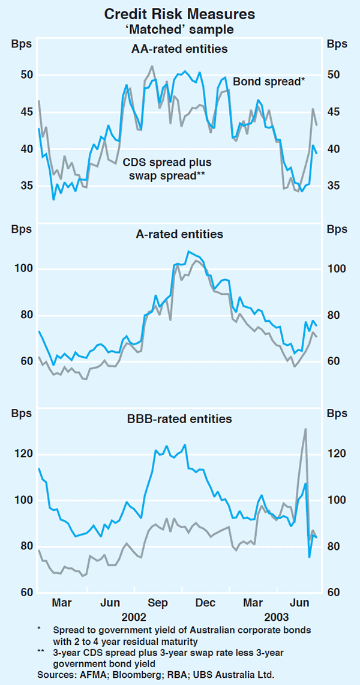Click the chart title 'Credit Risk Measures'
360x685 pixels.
coord(179,13)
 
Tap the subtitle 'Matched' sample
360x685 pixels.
coord(179,28)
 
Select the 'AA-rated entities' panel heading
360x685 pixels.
coord(179,49)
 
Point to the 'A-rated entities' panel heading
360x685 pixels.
coord(180,234)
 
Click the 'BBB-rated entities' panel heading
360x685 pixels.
coord(179,418)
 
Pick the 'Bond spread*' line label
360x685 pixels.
coord(269,82)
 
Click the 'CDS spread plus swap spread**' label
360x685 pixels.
coord(167,169)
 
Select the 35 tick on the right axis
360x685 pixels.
coord(333,186)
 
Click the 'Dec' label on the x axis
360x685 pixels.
coord(205,602)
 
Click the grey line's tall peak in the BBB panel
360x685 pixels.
coord(305,429)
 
